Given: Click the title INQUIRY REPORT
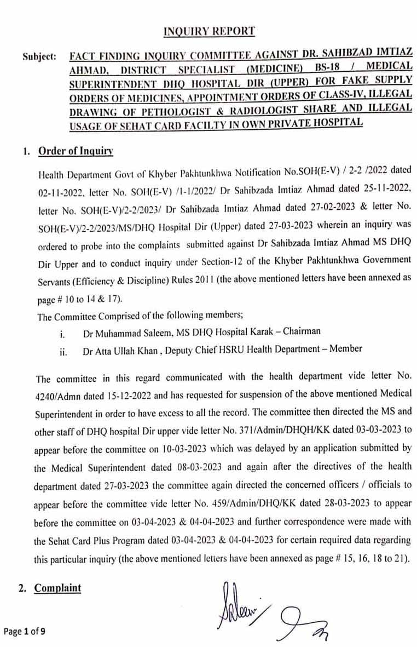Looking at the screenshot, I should (209, 31).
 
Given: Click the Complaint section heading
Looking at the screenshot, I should (57, 588).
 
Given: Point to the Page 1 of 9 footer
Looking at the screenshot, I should (25, 631).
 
